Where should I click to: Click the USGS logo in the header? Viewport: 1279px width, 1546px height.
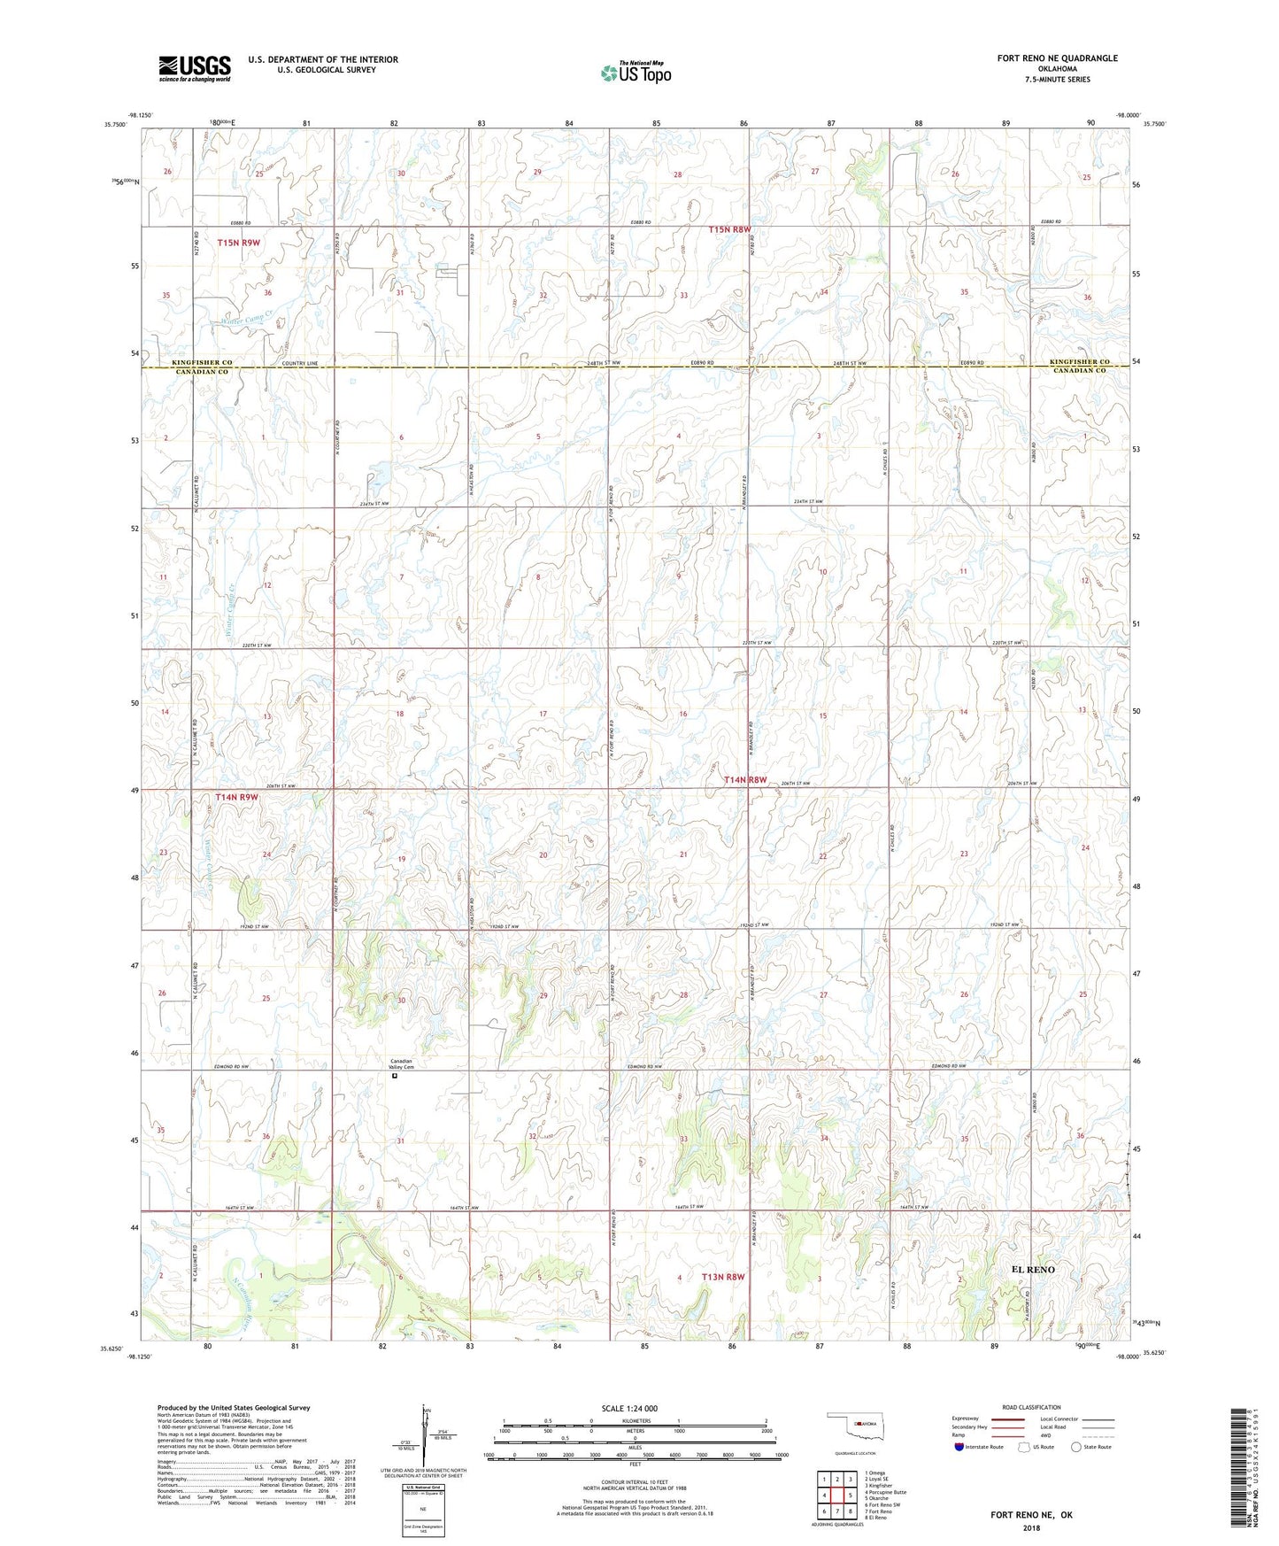click(195, 68)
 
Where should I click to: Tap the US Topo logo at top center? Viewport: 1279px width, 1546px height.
click(636, 73)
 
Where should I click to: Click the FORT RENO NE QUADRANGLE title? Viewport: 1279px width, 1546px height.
click(1057, 58)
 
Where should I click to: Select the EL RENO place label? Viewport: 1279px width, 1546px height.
click(1033, 1269)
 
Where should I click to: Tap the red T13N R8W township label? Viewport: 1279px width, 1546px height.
click(723, 1277)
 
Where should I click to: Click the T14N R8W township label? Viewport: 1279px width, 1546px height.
click(744, 780)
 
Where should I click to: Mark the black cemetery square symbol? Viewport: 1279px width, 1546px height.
click(395, 1078)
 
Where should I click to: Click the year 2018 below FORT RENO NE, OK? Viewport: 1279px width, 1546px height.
click(1030, 1527)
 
